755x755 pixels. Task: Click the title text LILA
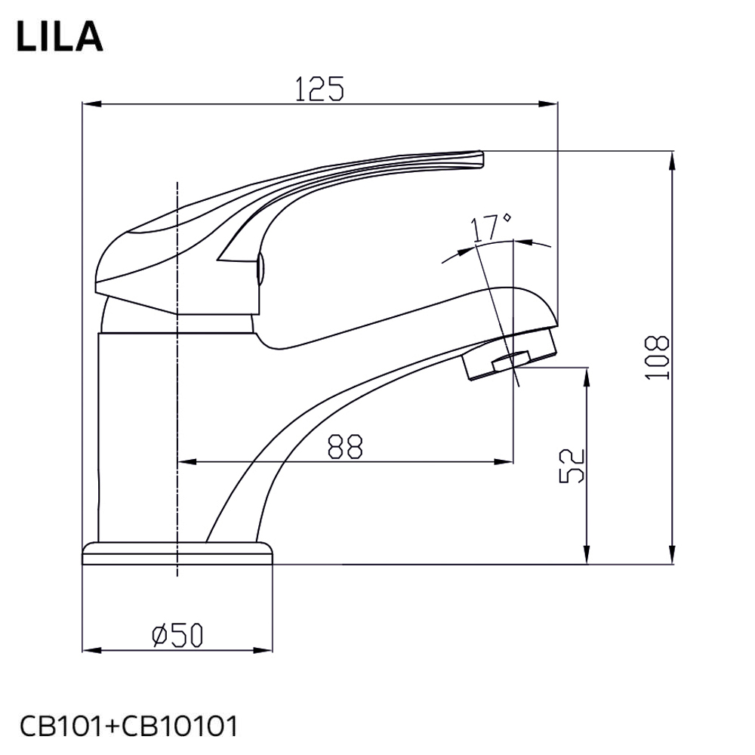tap(59, 36)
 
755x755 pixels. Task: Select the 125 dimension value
tap(319, 88)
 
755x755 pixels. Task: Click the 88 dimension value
tap(345, 447)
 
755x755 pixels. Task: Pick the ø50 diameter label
tap(177, 636)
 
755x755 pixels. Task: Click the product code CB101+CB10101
tap(128, 726)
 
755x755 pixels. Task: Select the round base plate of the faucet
tap(177, 553)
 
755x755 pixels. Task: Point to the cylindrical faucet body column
tap(136, 438)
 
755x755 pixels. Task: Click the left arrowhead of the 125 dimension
tap(88, 104)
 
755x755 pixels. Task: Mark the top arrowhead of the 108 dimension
tap(671, 157)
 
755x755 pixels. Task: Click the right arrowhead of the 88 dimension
tap(507, 461)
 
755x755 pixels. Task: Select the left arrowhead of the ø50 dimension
tap(88, 650)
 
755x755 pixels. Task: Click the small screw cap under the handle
tap(260, 270)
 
